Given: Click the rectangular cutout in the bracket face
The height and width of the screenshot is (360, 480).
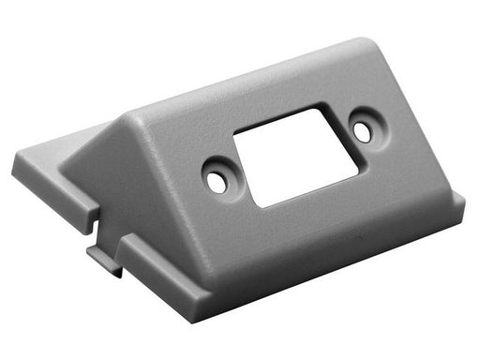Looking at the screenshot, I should pyautogui.click(x=294, y=156).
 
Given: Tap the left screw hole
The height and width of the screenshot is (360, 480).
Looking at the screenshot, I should pyautogui.click(x=217, y=182).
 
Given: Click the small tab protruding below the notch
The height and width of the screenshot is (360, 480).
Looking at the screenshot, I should pyautogui.click(x=105, y=259).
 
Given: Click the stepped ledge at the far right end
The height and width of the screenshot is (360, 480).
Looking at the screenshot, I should pyautogui.click(x=454, y=211).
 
